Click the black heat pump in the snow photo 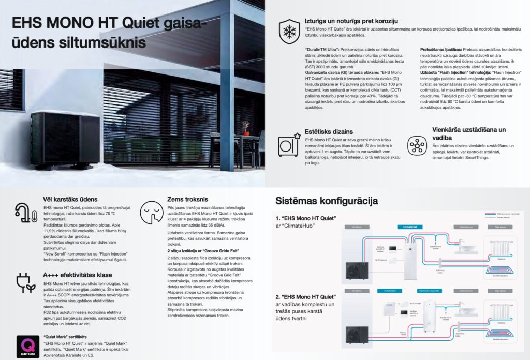tap(65, 140)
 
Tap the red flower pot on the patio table tap(245, 127)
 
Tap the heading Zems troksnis tap(187, 199)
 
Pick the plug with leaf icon tap(26, 283)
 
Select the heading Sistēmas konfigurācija tap(326, 201)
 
